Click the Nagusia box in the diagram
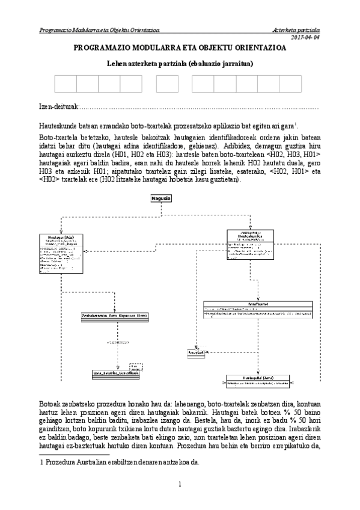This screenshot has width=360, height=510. click(161, 198)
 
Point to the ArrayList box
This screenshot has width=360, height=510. click(197, 353)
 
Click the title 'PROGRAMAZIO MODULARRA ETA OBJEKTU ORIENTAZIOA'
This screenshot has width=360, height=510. click(180, 49)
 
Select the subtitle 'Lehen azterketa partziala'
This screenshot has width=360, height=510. click(180, 63)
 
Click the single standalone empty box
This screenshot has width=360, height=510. click(168, 85)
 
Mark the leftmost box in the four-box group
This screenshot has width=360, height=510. click(66, 85)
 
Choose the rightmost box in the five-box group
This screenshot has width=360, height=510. click(293, 85)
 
